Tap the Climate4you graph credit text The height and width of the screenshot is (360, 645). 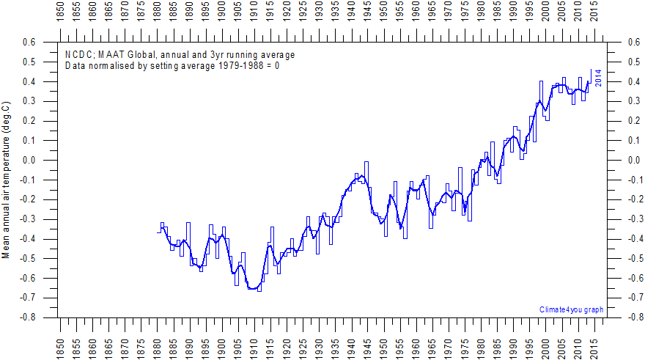pos(571,309)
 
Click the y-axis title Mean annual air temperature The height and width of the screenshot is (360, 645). pos(6,180)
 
